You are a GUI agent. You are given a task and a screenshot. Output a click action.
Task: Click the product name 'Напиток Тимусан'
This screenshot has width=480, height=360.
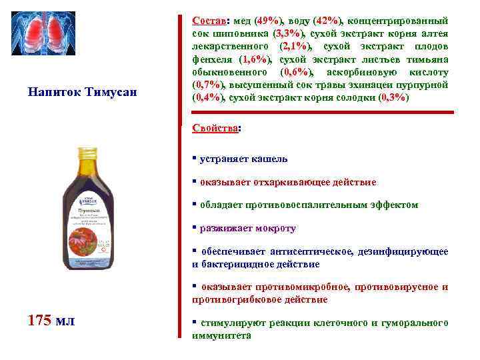[82, 91]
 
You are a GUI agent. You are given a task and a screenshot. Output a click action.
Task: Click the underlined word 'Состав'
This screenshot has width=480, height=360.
[206, 21]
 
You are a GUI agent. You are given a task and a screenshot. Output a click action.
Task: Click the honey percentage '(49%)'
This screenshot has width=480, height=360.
[267, 21]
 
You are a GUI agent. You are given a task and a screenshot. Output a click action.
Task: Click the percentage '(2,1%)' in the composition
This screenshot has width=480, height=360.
[290, 47]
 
